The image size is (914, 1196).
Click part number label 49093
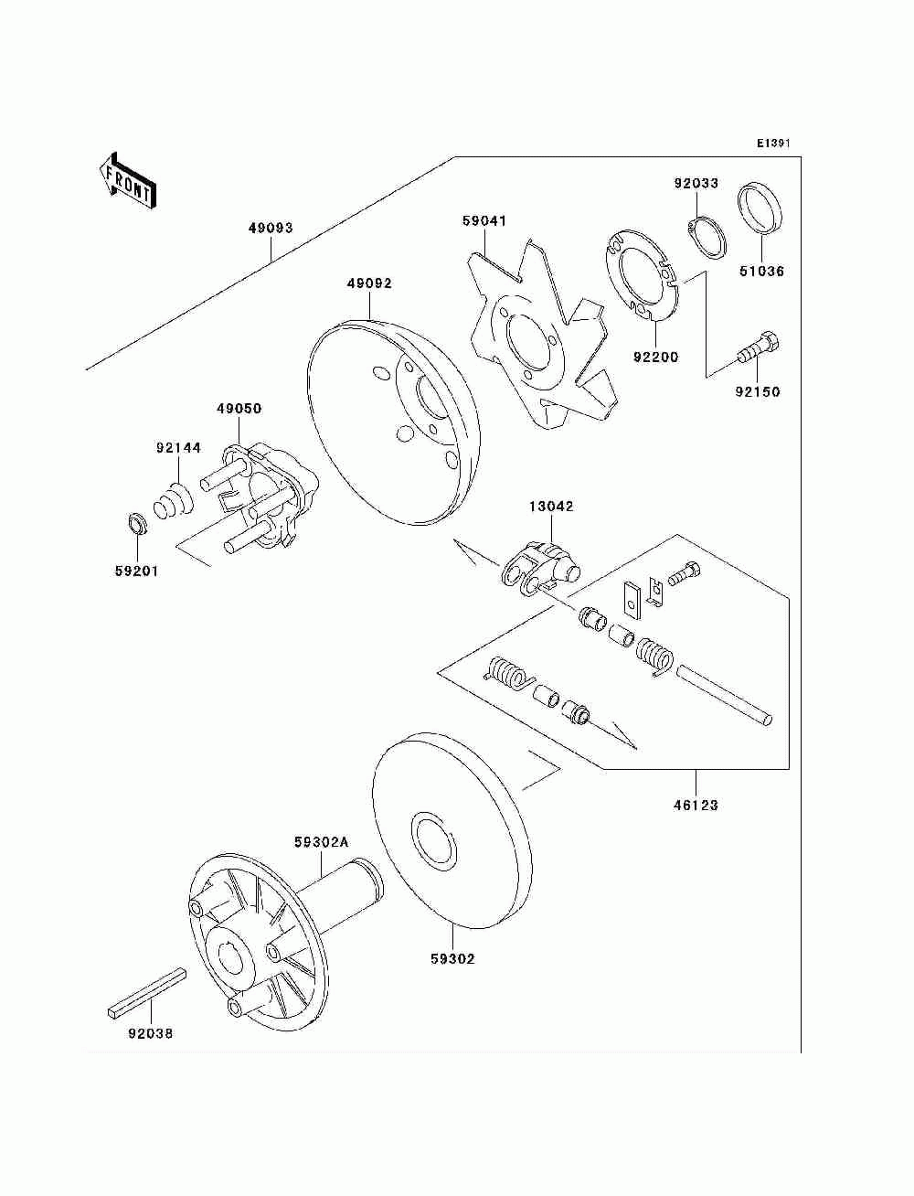[270, 228]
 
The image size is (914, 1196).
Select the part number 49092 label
[368, 283]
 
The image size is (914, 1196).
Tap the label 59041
[484, 221]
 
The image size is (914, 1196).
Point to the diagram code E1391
[772, 144]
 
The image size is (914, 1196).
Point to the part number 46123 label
[696, 806]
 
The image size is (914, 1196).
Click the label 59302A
[321, 842]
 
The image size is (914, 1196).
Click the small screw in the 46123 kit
[684, 574]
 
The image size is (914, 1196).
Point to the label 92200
[655, 358]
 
